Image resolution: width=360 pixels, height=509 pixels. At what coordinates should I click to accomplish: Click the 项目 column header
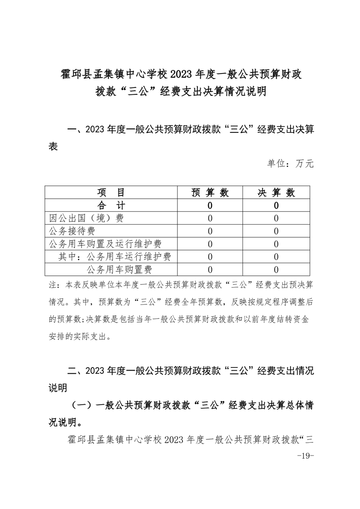[x=111, y=192]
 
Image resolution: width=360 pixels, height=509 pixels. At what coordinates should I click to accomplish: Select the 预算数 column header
[x=210, y=192]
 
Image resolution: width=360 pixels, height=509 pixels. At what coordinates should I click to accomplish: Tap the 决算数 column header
[x=276, y=192]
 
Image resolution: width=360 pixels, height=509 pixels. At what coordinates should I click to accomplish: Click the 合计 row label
[x=111, y=206]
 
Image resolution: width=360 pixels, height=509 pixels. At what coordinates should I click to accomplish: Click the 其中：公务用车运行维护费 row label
[x=115, y=257]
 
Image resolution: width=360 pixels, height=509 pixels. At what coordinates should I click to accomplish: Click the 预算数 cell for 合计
[x=210, y=206]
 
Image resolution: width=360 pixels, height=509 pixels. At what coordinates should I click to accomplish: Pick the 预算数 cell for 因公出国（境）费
[x=210, y=218]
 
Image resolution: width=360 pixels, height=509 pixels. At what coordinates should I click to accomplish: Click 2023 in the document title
[x=206, y=73]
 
